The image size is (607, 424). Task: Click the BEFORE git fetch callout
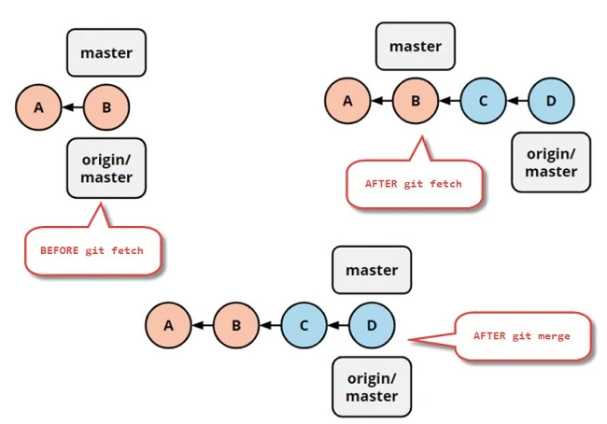92,249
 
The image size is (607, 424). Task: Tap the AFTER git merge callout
521,335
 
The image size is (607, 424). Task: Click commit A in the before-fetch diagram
38,107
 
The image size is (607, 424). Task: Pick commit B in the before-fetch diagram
106,107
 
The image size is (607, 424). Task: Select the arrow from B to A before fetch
72,107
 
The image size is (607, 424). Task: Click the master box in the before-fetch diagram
106,52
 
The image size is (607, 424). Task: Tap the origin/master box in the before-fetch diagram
106,168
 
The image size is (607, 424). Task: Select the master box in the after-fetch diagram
415,47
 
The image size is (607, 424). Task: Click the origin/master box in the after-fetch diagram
551,163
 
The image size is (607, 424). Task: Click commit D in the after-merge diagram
372,325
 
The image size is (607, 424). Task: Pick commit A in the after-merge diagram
168,325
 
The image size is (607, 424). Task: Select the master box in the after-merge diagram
372,270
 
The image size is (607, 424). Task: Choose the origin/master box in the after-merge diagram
372,387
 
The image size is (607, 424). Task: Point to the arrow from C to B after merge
270,325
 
